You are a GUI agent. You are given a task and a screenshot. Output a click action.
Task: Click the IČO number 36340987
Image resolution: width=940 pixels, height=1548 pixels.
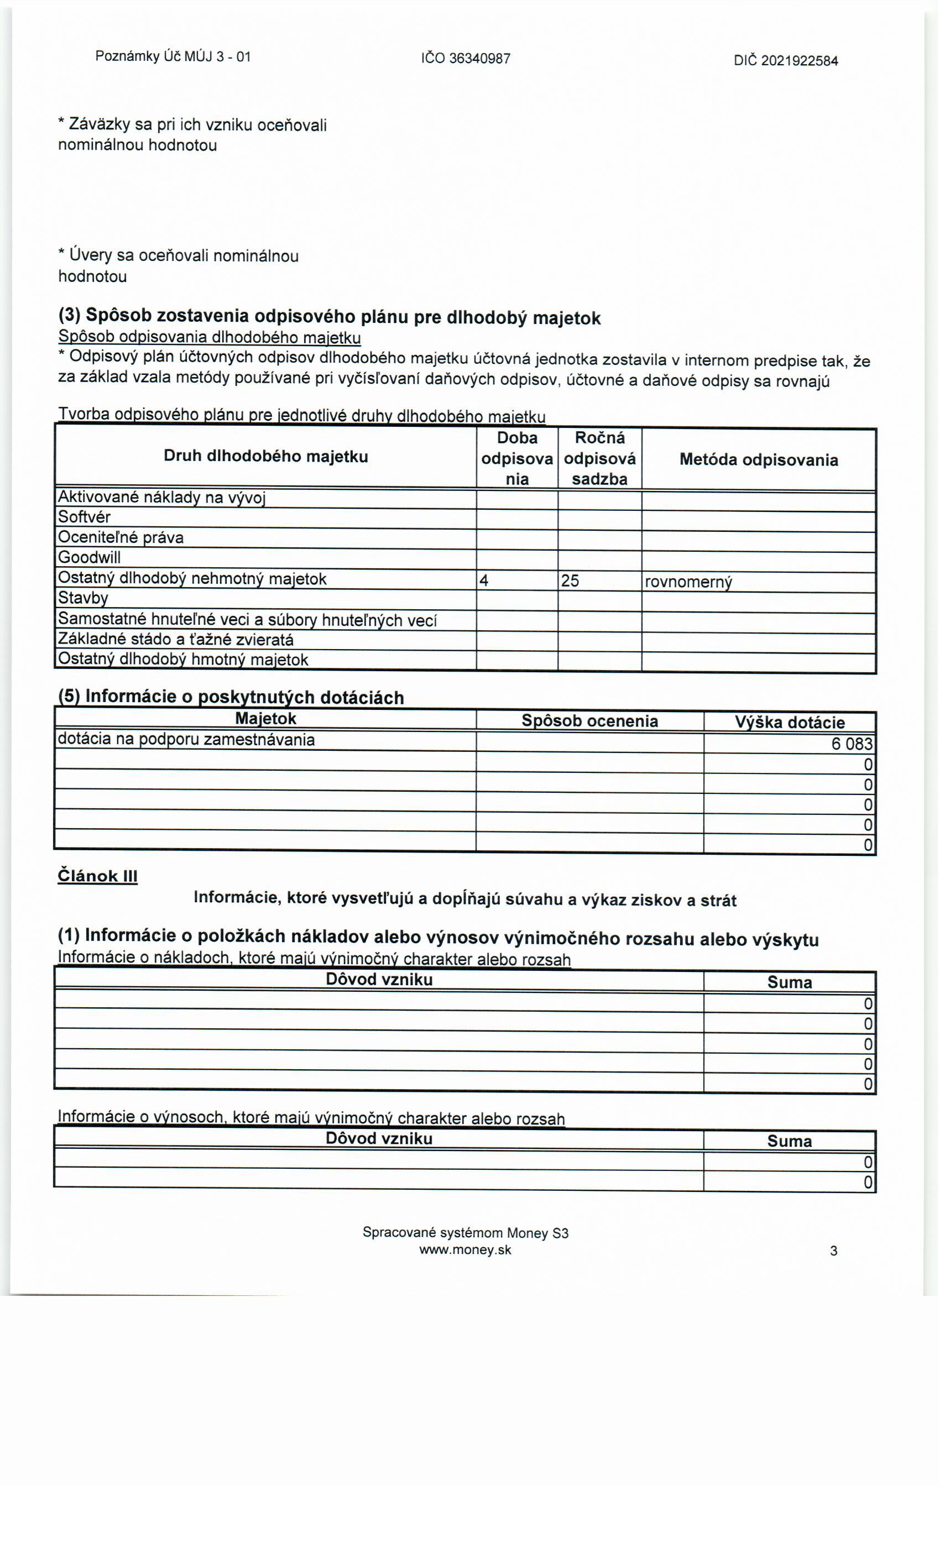click(x=466, y=59)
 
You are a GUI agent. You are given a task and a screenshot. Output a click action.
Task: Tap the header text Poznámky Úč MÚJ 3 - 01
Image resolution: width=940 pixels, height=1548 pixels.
click(x=173, y=56)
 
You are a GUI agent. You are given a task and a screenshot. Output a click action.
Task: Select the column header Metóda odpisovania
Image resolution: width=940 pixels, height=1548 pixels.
click(x=759, y=460)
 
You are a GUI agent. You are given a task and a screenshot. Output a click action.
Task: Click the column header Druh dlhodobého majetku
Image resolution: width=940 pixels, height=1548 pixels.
click(x=266, y=456)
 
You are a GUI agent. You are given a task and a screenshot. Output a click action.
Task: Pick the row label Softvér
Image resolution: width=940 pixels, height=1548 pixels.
click(x=84, y=517)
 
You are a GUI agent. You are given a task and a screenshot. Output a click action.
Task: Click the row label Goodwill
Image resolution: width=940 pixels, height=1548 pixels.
click(x=89, y=557)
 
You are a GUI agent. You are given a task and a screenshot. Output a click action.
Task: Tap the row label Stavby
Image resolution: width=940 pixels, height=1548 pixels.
click(x=83, y=598)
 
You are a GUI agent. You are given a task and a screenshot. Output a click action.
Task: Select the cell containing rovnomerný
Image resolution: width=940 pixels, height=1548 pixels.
click(x=688, y=582)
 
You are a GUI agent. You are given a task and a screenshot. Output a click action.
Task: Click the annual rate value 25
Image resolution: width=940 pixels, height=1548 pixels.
click(x=570, y=580)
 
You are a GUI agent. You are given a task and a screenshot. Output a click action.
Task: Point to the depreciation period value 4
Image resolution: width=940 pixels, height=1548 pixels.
click(x=484, y=580)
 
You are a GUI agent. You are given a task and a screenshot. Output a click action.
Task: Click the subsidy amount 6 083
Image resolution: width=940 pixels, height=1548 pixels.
click(x=852, y=744)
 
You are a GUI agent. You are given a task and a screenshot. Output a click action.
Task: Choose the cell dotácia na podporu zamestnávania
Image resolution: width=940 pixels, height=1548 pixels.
click(x=186, y=740)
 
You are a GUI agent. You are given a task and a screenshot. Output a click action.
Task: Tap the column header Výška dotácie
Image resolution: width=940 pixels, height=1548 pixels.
click(x=789, y=723)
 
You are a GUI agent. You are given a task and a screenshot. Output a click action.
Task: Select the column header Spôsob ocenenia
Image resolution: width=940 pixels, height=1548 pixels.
click(x=589, y=721)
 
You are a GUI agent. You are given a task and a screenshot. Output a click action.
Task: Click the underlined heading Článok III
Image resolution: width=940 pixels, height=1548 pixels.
click(x=97, y=876)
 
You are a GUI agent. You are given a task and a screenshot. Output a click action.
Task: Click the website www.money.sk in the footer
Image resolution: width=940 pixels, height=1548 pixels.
click(x=465, y=1250)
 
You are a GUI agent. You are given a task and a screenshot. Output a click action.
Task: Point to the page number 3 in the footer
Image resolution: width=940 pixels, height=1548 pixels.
click(x=833, y=1251)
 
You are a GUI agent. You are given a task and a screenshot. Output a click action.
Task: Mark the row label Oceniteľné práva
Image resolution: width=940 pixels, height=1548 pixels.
click(x=121, y=537)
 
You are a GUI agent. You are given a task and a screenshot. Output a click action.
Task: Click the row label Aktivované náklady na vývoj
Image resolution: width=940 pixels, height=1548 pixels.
click(x=161, y=498)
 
